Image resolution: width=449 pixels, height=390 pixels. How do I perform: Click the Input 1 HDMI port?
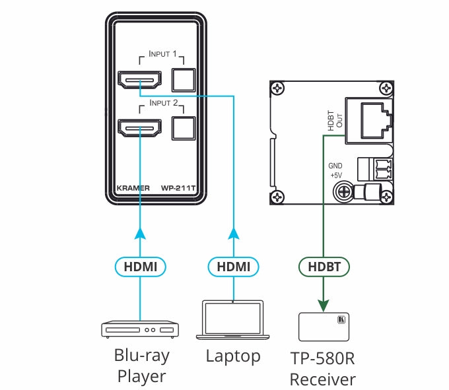pyautogui.click(x=139, y=81)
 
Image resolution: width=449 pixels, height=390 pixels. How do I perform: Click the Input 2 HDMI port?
pyautogui.click(x=139, y=127)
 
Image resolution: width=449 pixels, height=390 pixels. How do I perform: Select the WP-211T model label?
pyautogui.click(x=180, y=187)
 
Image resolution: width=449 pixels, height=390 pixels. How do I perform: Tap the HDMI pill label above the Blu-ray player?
pyautogui.click(x=140, y=267)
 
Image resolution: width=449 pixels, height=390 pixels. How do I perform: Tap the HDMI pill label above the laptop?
pyautogui.click(x=234, y=267)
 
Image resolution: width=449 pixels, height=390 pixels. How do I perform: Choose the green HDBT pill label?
pyautogui.click(x=324, y=267)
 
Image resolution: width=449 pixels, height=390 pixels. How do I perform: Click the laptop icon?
pyautogui.click(x=234, y=320)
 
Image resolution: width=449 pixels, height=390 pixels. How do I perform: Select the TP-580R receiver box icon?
pyautogui.click(x=324, y=327)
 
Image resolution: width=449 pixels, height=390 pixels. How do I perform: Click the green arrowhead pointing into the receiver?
pyautogui.click(x=324, y=305)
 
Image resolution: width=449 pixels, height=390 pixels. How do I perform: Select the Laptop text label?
pyautogui.click(x=232, y=356)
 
